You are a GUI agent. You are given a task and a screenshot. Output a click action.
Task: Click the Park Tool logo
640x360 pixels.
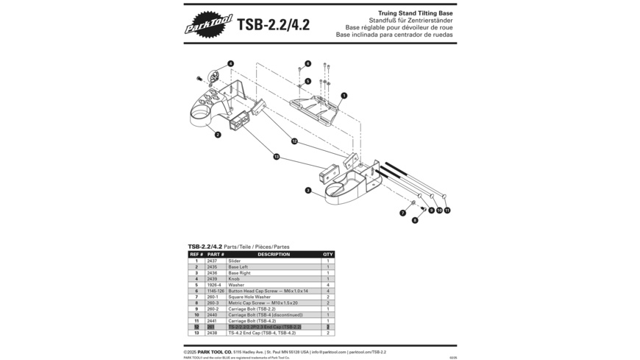(208, 24)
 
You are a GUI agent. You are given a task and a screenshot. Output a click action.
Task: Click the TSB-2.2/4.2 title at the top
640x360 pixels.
(273, 25)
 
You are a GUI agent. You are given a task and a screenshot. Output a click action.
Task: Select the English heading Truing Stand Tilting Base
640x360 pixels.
(415, 13)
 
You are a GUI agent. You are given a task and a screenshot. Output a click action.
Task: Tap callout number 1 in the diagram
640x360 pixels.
(344, 95)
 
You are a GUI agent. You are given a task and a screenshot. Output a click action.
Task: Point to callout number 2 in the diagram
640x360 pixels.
(218, 135)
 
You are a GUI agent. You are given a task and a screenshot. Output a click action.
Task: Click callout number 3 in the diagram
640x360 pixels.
(308, 191)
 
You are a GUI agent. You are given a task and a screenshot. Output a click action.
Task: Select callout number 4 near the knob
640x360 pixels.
(230, 64)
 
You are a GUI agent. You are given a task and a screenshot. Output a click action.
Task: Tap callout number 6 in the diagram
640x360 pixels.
(307, 63)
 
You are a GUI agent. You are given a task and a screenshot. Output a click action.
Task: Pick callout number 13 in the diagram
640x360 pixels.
(277, 157)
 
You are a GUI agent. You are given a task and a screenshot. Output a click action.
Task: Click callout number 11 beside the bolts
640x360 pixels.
(447, 211)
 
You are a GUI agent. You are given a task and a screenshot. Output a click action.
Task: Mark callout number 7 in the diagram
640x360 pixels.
(402, 213)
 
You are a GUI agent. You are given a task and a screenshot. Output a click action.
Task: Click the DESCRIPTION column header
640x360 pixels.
(273, 255)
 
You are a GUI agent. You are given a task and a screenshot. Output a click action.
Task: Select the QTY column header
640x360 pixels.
(328, 255)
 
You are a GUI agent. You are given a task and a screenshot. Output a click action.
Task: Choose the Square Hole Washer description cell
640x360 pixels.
(249, 297)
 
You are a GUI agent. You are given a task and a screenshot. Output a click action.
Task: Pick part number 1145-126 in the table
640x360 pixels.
(216, 291)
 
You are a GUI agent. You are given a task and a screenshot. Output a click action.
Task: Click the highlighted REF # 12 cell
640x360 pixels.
(196, 327)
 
